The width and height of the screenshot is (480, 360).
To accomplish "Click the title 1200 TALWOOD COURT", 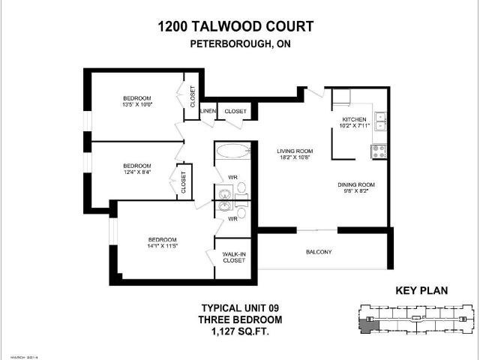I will (x=235, y=27).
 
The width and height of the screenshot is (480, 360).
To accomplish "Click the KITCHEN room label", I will (x=355, y=120).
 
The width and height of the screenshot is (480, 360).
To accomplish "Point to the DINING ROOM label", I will (x=355, y=184).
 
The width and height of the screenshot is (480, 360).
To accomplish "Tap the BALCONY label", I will (x=318, y=252).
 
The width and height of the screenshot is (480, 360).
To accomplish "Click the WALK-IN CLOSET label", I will (x=233, y=257).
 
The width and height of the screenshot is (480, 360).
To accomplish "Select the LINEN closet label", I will (x=208, y=112).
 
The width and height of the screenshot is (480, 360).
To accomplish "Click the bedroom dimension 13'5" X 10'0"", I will (x=137, y=106).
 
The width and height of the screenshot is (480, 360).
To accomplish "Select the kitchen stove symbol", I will (x=379, y=151).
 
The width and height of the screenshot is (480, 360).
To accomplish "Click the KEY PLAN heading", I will (x=421, y=291).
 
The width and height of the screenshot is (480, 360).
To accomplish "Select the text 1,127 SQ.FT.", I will (x=235, y=331).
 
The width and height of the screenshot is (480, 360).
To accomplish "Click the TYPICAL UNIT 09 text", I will (x=235, y=307).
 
